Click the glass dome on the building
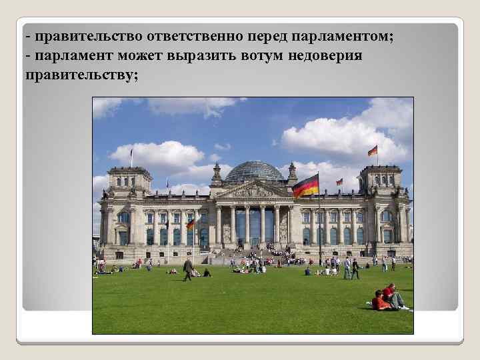tap(253, 172)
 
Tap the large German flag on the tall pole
tap(306, 185)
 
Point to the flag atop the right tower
tap(373, 151)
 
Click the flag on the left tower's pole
tap(131, 155)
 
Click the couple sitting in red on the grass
tap(389, 298)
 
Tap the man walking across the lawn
tap(188, 269)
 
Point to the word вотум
tap(257, 55)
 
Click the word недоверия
tap(325, 55)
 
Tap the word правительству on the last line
tap(82, 75)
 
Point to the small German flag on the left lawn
tap(191, 225)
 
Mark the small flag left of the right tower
tap(339, 181)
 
